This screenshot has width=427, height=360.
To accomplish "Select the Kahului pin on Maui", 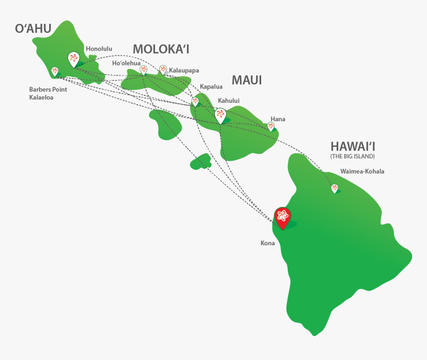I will click(220, 115).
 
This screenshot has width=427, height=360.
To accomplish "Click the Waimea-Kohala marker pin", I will click(335, 188).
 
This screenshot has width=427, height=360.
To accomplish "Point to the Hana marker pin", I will click(271, 126).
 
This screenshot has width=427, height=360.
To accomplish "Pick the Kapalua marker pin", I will click(195, 101).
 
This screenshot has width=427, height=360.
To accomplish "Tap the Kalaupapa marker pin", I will click(163, 70).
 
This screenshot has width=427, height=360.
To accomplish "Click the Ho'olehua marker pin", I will click(143, 70).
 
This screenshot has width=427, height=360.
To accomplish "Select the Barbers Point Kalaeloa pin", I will click(55, 72).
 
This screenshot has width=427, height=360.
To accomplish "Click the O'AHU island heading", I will click(33, 29).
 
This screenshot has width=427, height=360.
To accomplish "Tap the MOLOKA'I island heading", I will click(161, 49).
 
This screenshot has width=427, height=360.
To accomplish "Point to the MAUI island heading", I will click(247, 80).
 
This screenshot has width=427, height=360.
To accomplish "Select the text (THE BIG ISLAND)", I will click(353, 156).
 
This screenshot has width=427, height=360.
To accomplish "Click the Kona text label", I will click(268, 243).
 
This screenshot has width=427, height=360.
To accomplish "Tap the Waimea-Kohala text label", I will click(362, 172).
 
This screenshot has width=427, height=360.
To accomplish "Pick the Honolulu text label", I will click(99, 49).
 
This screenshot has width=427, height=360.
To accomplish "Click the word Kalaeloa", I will click(41, 97).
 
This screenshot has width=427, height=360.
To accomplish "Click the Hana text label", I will click(278, 119).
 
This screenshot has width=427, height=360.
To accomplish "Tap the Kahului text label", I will click(228, 100).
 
